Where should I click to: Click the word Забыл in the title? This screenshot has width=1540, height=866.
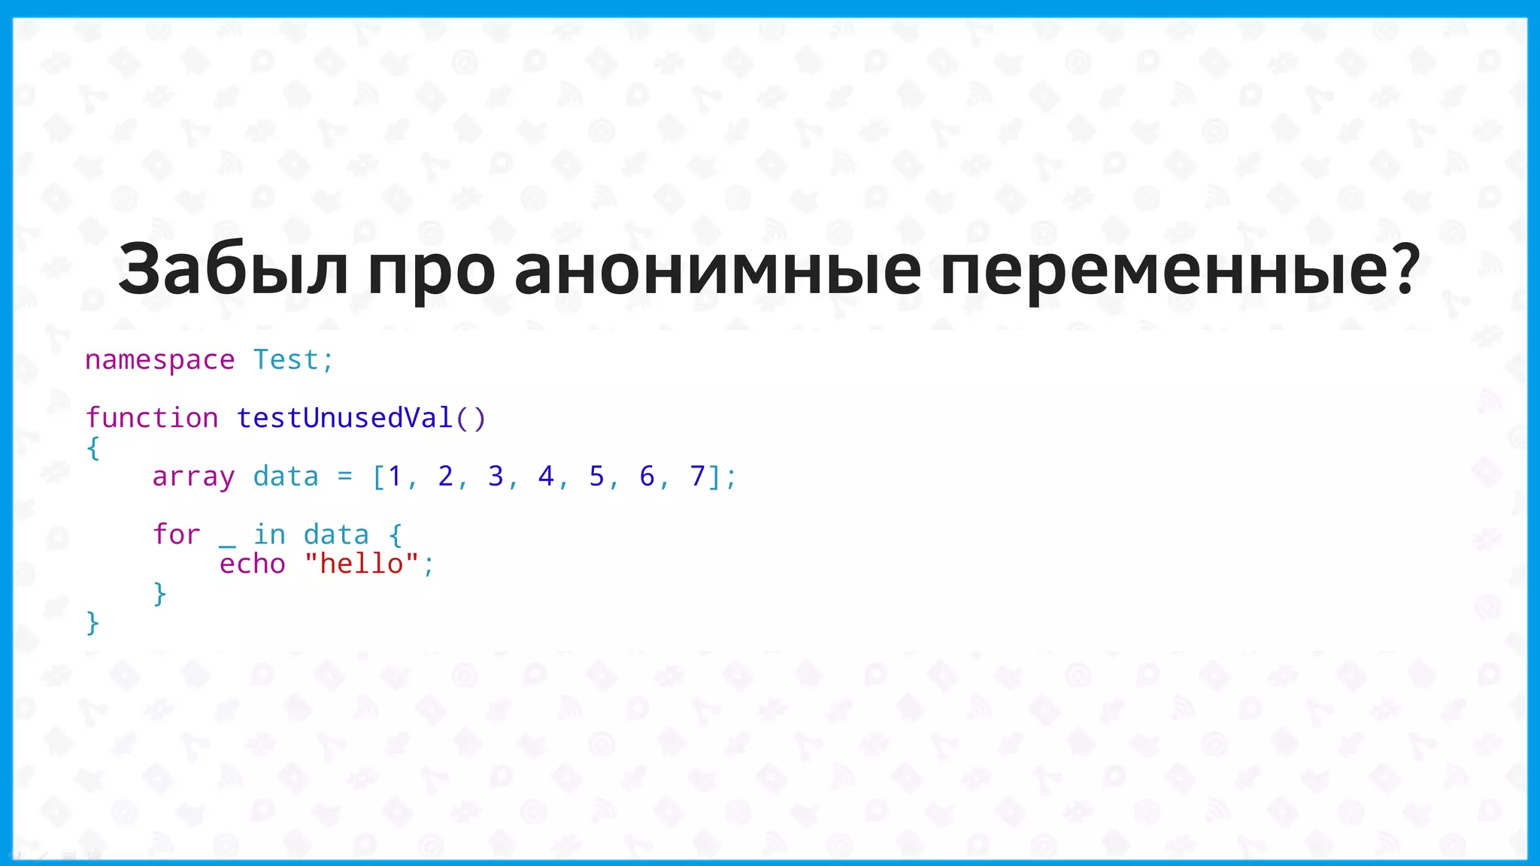click(x=233, y=269)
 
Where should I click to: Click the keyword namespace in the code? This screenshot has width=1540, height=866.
click(x=159, y=360)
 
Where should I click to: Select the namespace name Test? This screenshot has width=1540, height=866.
click(x=286, y=360)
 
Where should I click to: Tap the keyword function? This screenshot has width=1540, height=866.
click(x=151, y=418)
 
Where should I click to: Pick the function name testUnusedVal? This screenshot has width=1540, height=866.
click(x=344, y=418)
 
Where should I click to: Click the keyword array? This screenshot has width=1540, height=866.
click(x=193, y=477)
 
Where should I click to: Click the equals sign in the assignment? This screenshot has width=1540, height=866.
click(x=344, y=477)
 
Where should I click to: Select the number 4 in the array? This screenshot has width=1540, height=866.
click(x=546, y=477)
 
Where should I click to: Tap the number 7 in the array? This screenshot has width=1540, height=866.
click(x=697, y=477)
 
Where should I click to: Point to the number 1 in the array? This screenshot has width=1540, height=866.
click(x=395, y=477)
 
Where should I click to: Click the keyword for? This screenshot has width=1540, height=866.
click(x=176, y=534)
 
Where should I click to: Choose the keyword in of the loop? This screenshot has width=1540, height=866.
click(x=268, y=534)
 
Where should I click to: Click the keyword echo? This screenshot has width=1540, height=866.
click(x=252, y=564)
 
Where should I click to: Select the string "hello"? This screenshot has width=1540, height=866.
click(x=361, y=564)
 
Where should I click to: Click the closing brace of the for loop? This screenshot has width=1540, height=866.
click(x=159, y=594)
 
